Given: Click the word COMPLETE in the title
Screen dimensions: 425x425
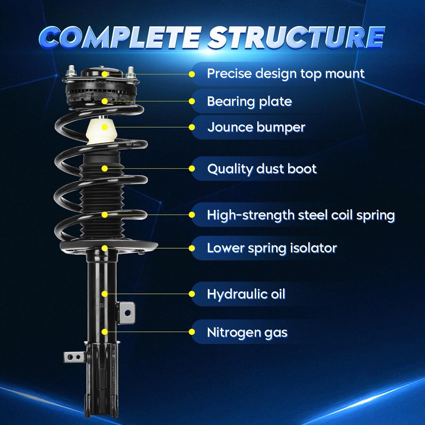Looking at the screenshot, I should tap(119, 37).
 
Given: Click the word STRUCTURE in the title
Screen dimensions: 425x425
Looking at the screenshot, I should tap(296, 37).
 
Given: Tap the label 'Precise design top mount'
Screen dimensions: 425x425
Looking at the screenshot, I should tap(285, 74).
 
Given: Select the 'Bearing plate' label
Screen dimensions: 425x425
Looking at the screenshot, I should tap(249, 101).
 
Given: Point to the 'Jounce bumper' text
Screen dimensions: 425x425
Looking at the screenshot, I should tap(256, 127).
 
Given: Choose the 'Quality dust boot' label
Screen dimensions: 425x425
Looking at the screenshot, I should tap(262, 169).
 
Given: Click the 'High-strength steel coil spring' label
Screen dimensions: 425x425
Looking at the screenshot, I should tap(301, 215).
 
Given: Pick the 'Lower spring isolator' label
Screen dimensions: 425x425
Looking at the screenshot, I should tap(272, 248).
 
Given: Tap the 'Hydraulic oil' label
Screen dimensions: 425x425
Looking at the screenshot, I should tap(246, 294).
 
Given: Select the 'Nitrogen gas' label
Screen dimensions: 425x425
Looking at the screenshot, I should tap(247, 332).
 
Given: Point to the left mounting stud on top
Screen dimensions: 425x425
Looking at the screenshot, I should tap(70, 71).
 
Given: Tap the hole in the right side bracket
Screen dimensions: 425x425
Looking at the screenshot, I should tap(127, 313).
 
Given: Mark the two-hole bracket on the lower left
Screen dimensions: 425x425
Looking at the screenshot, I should tap(74, 357).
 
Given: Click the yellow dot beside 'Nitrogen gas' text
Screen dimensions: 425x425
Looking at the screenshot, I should tap(192, 332).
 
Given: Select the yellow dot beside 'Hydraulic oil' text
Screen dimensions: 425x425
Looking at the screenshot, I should tap(192, 294).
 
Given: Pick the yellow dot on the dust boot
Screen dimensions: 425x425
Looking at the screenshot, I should tap(105, 169).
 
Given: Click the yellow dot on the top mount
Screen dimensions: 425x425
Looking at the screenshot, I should tap(105, 74).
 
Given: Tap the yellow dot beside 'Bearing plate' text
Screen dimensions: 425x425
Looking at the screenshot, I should tap(192, 101).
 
